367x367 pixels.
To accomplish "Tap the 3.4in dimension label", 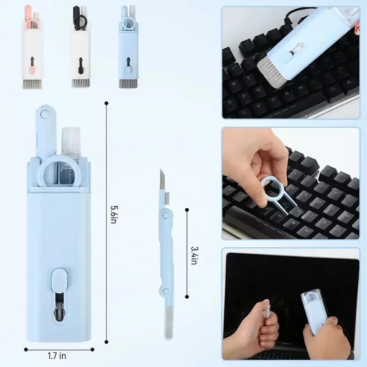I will [x=194, y=254].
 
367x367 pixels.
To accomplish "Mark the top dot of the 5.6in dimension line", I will [x=106, y=103].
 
